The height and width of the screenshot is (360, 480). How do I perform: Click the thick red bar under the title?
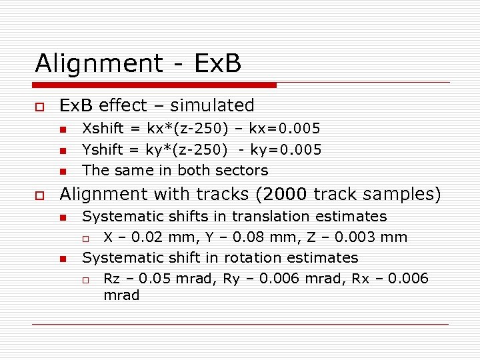pos(155,85)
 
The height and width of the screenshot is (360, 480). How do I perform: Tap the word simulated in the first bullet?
pos(212,105)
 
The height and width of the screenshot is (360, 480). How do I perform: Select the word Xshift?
pos(104,128)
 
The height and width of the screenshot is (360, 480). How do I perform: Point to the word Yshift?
pos(104,149)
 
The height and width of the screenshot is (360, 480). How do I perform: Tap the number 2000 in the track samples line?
pos(285,194)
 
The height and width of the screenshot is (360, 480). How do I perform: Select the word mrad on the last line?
pos(121,295)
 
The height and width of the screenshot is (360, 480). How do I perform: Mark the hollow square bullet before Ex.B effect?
pos(40,107)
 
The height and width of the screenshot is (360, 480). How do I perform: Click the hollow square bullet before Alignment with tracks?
pos(40,195)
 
